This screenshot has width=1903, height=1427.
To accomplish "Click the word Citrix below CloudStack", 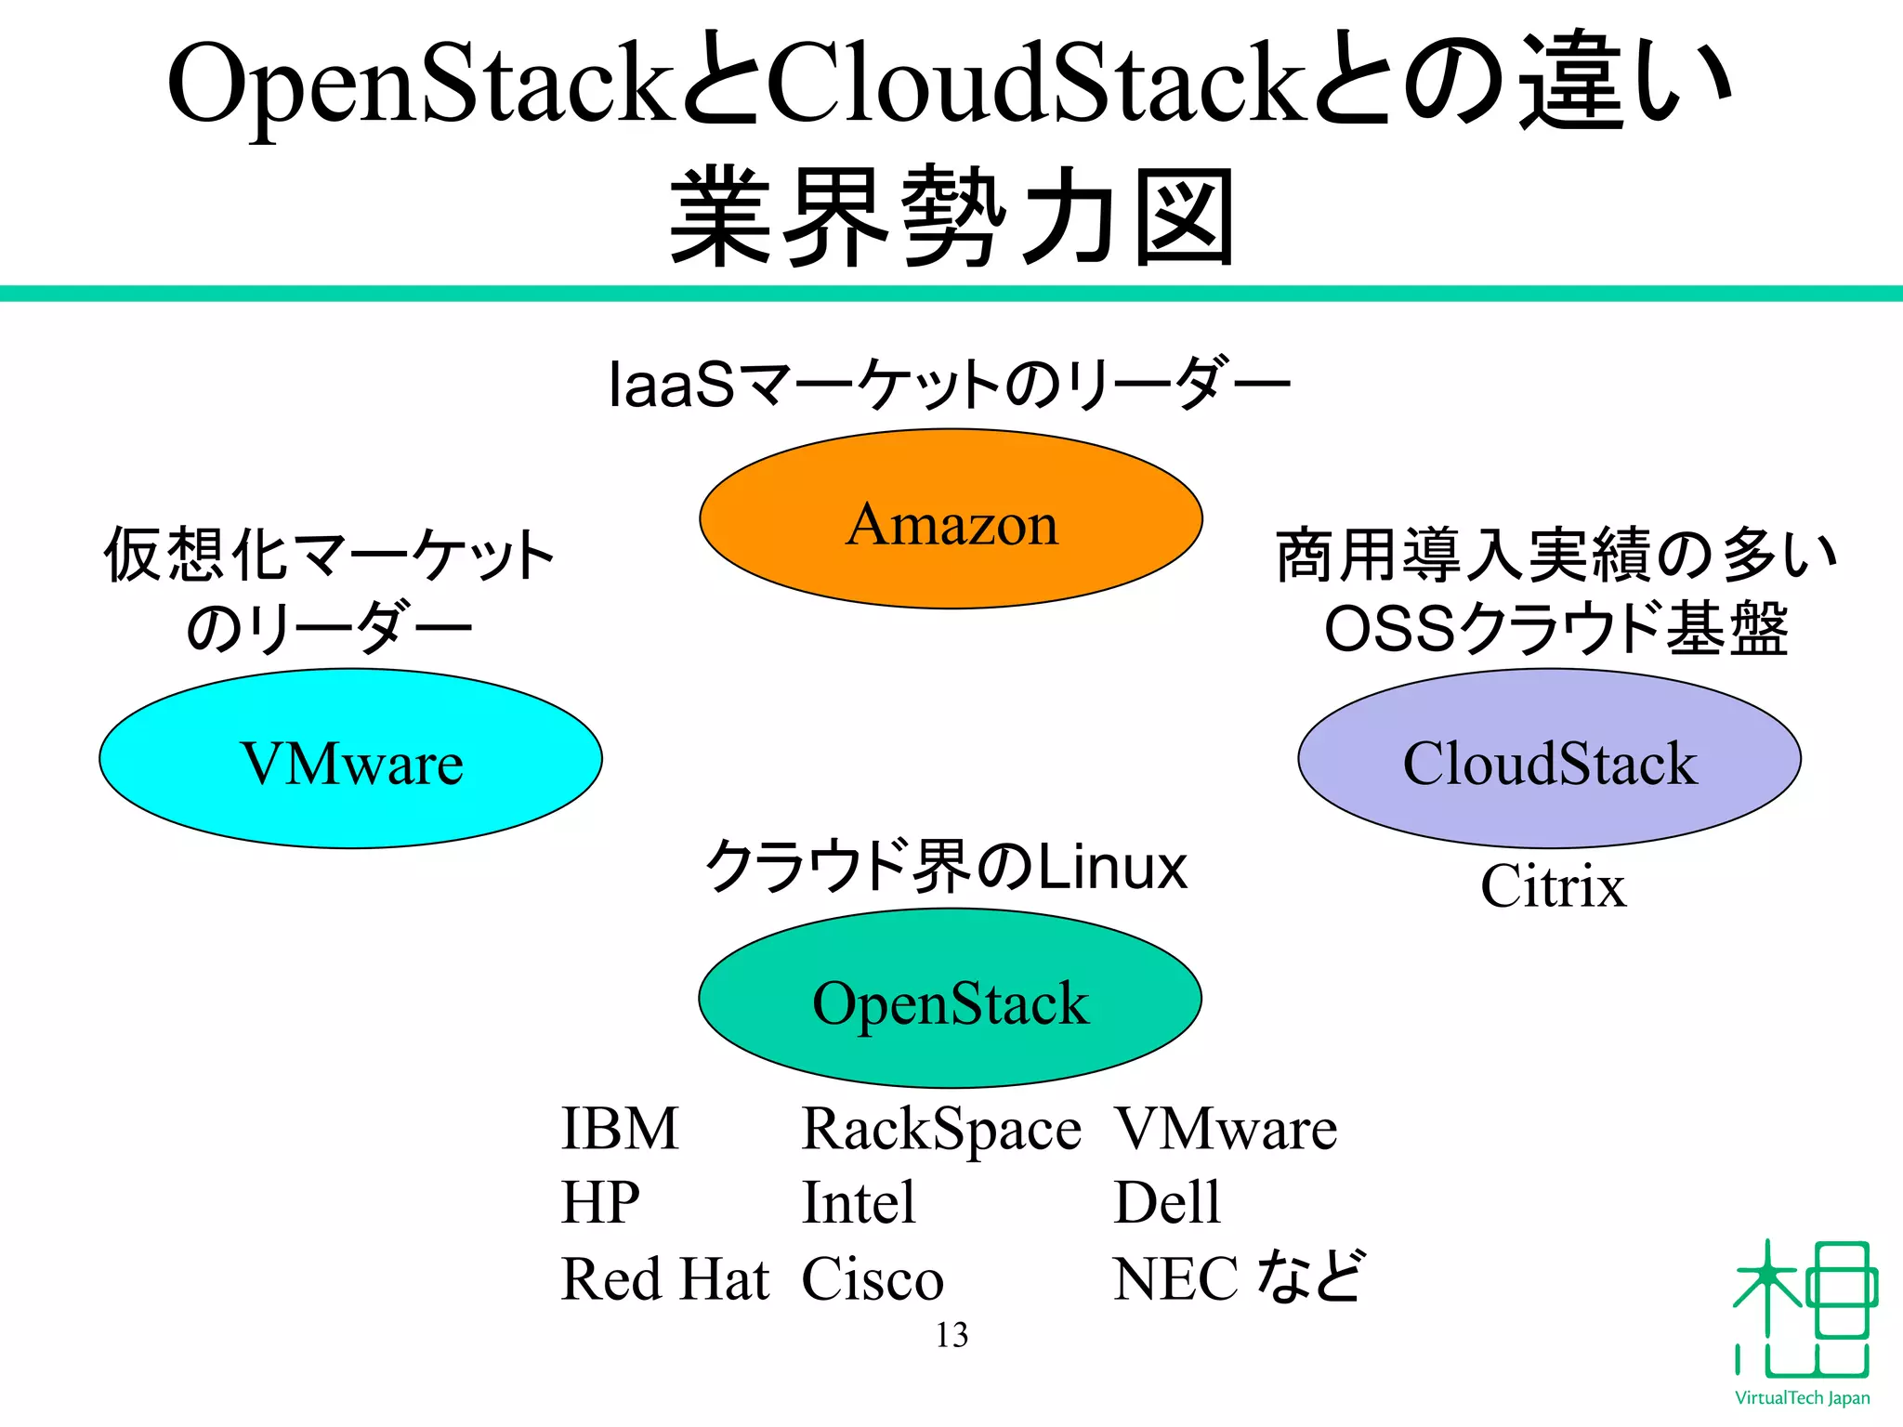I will click(x=1553, y=886).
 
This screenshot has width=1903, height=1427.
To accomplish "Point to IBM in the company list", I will click(x=620, y=1129).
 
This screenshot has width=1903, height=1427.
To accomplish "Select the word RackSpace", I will click(x=940, y=1130).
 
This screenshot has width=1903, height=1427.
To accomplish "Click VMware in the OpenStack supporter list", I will click(x=1225, y=1129).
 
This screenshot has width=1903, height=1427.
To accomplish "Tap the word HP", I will click(x=600, y=1202).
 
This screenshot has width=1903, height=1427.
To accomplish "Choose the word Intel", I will click(x=859, y=1202).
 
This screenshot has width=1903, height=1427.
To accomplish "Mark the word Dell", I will click(x=1166, y=1202).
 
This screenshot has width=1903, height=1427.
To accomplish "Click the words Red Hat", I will click(x=665, y=1278).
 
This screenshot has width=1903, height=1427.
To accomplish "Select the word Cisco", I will click(x=872, y=1279).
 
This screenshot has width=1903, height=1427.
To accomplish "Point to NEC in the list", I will click(x=1175, y=1279).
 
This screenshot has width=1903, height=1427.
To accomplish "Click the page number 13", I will click(x=951, y=1335).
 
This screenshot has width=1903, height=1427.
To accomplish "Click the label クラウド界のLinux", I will click(x=946, y=866).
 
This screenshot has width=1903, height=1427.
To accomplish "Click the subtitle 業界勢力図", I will click(x=951, y=216).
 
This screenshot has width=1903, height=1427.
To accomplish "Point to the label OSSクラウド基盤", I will click(x=1555, y=629).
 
